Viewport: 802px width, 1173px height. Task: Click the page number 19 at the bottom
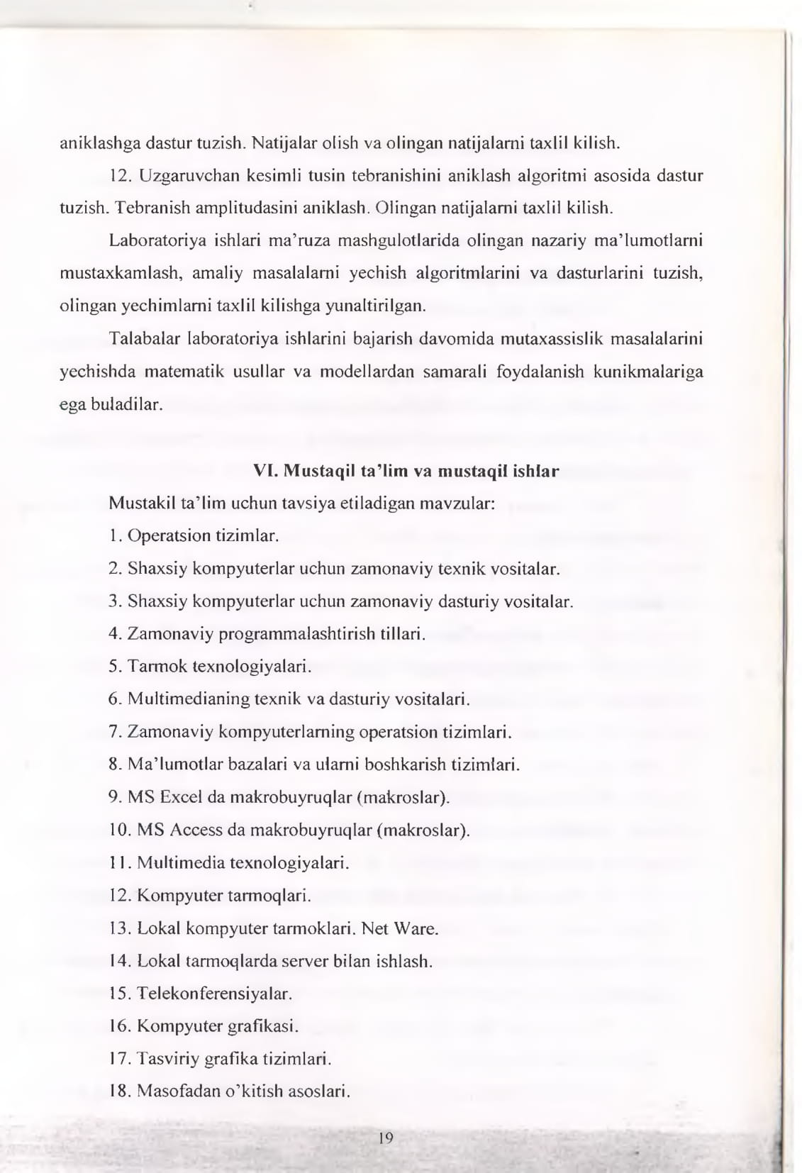pyautogui.click(x=386, y=1139)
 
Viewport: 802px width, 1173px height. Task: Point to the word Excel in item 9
pyautogui.click(x=181, y=797)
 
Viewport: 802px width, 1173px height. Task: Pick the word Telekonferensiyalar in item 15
pyautogui.click(x=214, y=993)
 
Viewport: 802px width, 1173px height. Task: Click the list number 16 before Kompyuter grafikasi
pyautogui.click(x=119, y=1025)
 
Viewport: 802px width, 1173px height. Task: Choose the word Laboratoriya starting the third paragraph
pyautogui.click(x=157, y=240)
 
